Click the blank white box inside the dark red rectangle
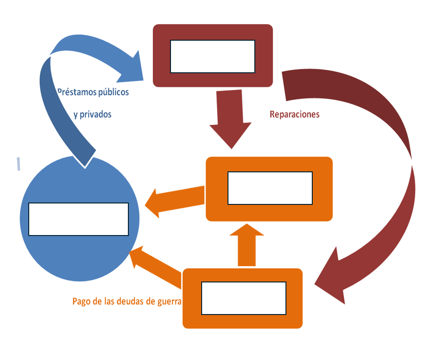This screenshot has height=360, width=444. pyautogui.click(x=213, y=56)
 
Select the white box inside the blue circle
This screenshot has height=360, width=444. pyautogui.click(x=79, y=219)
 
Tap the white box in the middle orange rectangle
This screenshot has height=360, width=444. pyautogui.click(x=270, y=188)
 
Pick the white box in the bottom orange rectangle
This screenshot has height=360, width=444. pyautogui.click(x=244, y=298)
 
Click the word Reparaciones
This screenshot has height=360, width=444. pyautogui.click(x=295, y=115)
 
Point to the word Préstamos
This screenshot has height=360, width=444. pyautogui.click(x=76, y=92)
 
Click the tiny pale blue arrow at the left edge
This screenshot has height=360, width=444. pyautogui.click(x=18, y=163)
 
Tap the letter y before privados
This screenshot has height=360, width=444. pyautogui.click(x=76, y=115)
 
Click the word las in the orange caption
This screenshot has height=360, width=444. pyautogui.click(x=109, y=302)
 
